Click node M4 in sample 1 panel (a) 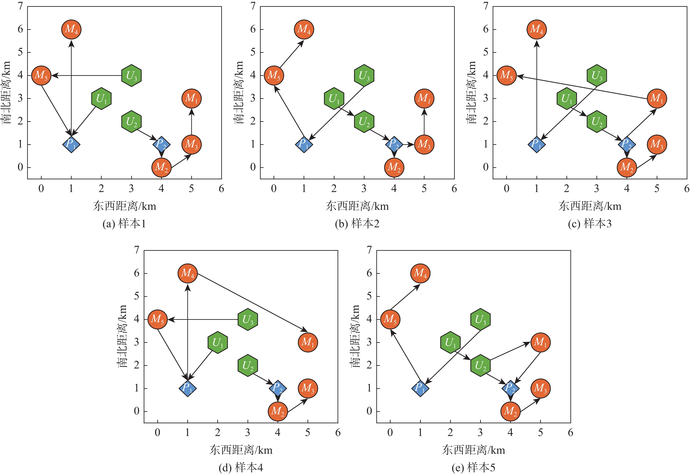click(71, 29)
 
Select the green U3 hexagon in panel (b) click(364, 75)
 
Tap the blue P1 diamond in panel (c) click(536, 144)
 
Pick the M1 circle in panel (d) click(308, 342)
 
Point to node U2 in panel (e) click(480, 365)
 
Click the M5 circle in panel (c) click(506, 75)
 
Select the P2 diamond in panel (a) click(161, 144)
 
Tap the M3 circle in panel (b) click(424, 144)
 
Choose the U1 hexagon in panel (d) click(218, 342)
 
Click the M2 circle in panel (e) click(510, 411)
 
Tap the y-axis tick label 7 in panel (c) click(486, 6)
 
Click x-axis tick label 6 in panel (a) click(221, 188)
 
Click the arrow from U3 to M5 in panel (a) click(86, 76)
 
